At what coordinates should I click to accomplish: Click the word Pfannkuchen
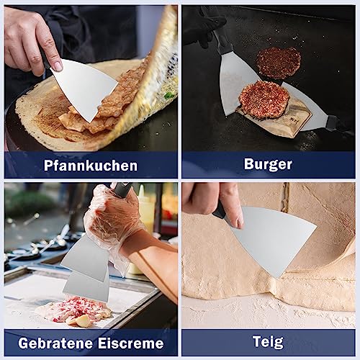[x=91, y=166]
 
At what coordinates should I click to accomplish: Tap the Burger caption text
[x=268, y=164]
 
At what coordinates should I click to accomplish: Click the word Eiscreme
[x=130, y=343]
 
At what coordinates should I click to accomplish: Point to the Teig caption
[x=268, y=343]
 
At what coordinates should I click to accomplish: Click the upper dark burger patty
[x=279, y=63]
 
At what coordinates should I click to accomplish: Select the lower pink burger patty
[x=264, y=99]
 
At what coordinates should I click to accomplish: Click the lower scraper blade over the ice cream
[x=86, y=287]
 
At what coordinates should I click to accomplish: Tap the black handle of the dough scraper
[x=218, y=210]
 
